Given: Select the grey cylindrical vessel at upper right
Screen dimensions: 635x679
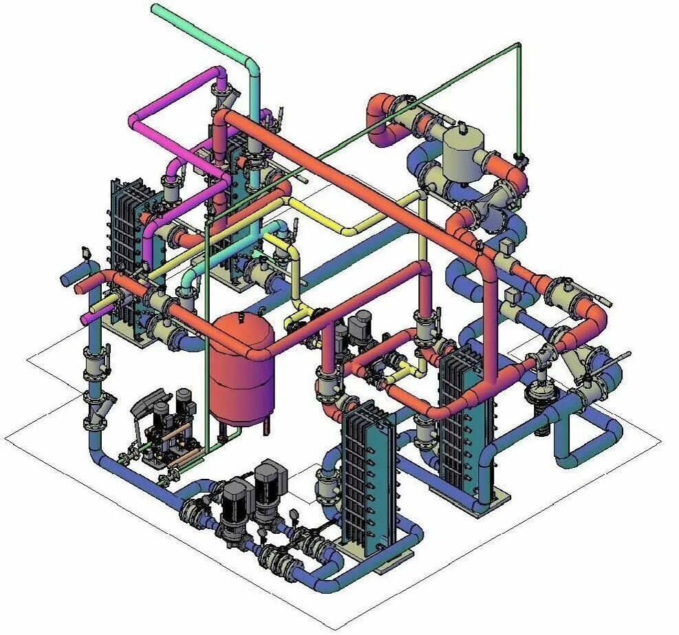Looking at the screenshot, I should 463,153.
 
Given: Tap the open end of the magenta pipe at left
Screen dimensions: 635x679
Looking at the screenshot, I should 85,320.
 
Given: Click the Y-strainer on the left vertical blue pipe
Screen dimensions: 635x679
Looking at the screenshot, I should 94,411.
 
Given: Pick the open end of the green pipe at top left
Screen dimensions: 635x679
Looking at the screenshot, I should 155,8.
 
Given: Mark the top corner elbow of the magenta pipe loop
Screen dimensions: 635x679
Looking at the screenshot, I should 219,72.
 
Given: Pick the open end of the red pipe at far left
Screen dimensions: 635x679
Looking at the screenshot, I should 78,284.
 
